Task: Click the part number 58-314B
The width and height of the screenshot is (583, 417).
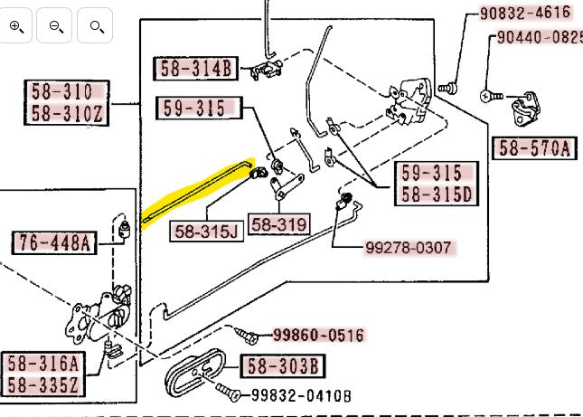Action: tap(197, 68)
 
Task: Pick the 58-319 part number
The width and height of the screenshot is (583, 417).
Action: tap(278, 224)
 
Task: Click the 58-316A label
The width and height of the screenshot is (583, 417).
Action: tap(43, 364)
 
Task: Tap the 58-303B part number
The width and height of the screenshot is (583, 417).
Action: tap(282, 366)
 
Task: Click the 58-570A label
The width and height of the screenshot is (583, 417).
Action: tap(533, 148)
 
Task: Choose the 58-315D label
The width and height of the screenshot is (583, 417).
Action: tap(437, 193)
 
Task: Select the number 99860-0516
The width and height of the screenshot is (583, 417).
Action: tap(307, 336)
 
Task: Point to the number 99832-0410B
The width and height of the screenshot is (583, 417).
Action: tap(301, 395)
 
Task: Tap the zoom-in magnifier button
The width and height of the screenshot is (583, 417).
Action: tap(17, 26)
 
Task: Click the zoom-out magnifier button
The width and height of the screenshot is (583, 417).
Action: tap(56, 26)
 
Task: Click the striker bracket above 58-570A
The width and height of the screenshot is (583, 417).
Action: tap(526, 113)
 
